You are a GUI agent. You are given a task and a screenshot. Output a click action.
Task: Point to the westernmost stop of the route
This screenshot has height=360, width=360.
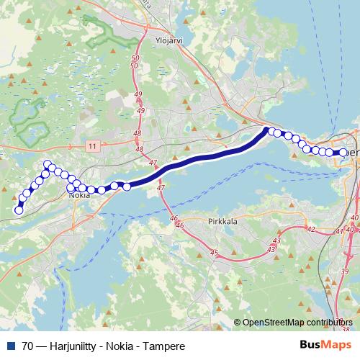pyautogui.click(x=19, y=210)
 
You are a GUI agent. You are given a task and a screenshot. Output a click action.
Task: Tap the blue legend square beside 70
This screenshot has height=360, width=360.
pyautogui.click(x=12, y=346)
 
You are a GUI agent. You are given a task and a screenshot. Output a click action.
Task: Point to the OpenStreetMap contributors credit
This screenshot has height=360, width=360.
pyautogui.click(x=297, y=323)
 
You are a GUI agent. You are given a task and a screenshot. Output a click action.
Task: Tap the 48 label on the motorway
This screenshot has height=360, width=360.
pyautogui.click(x=138, y=134)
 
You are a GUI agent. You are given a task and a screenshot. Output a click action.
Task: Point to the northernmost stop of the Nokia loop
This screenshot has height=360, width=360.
pyautogui.click(x=48, y=164)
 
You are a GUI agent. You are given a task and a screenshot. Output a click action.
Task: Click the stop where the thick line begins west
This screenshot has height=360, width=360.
pyautogui.click(x=127, y=187)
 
